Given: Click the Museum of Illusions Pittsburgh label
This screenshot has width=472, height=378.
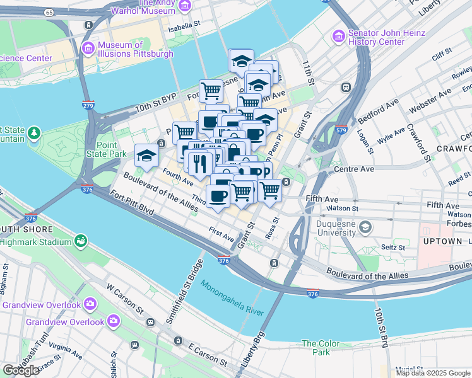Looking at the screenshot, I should [135, 49].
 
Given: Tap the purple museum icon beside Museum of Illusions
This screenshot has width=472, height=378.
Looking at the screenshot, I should [88, 48].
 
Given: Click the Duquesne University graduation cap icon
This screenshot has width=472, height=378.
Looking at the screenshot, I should [365, 226].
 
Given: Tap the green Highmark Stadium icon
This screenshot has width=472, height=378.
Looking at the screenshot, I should [80, 240].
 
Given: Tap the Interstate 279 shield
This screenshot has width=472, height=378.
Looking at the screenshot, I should [88, 105].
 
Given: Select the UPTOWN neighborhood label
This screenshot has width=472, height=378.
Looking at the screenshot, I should [442, 241].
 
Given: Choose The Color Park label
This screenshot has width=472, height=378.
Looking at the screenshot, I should [320, 348].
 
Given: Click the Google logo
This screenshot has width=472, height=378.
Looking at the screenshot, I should [21, 370].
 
